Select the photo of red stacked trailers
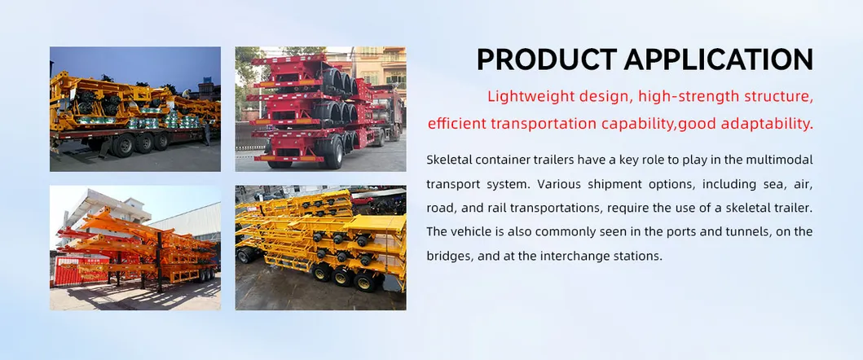point(320,108)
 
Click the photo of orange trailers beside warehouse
point(134,247)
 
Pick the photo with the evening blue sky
point(134,108)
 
